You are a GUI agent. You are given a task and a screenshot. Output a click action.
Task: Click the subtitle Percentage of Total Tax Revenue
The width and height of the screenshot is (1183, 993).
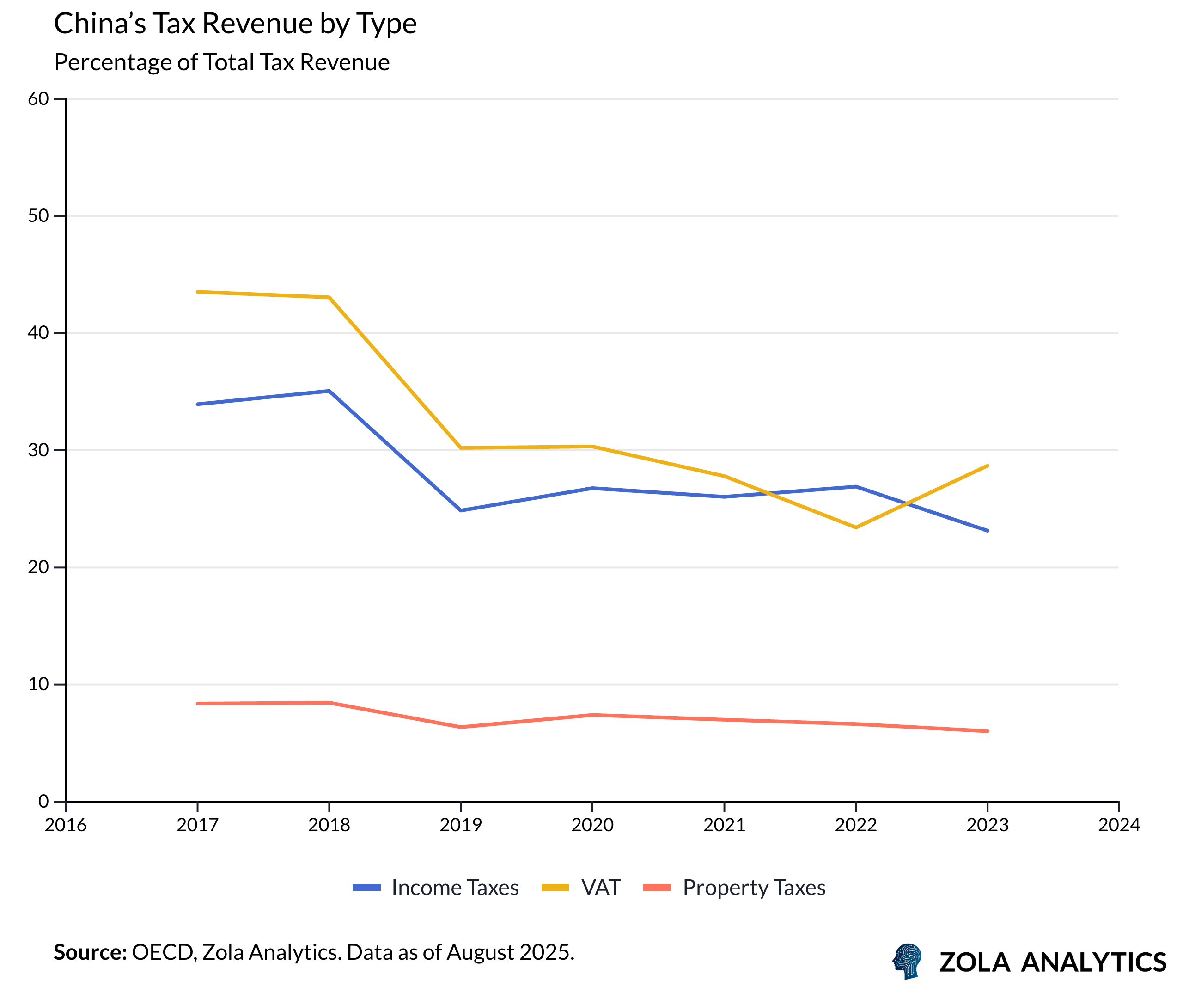coord(221,62)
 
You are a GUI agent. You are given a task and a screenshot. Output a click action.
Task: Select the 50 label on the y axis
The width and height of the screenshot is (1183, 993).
coord(38,216)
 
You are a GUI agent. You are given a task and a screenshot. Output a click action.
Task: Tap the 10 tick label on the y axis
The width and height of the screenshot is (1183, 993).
coord(38,684)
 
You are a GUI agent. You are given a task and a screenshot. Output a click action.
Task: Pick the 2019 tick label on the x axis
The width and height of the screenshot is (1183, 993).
coord(461,825)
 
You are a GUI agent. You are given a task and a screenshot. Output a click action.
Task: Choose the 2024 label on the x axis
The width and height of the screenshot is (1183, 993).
coord(1119,825)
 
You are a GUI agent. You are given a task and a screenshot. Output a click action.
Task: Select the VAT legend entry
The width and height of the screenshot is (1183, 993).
coord(581,888)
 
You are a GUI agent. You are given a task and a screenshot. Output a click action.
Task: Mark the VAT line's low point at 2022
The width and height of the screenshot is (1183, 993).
coord(856,527)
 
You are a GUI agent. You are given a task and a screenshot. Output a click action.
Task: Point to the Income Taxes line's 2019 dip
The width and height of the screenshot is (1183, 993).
coord(461,510)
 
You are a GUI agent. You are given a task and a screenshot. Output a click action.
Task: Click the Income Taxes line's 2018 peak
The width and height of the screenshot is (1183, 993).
coord(329,391)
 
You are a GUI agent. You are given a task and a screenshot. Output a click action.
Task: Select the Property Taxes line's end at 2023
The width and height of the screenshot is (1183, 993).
coord(988,731)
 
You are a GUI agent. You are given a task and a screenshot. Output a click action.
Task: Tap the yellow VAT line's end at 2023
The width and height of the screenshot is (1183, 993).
coord(988,466)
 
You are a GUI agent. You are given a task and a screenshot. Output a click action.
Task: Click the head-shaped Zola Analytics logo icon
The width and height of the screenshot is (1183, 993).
coord(908,961)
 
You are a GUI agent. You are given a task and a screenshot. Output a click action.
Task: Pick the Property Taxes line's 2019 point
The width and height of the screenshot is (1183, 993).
coord(461,727)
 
